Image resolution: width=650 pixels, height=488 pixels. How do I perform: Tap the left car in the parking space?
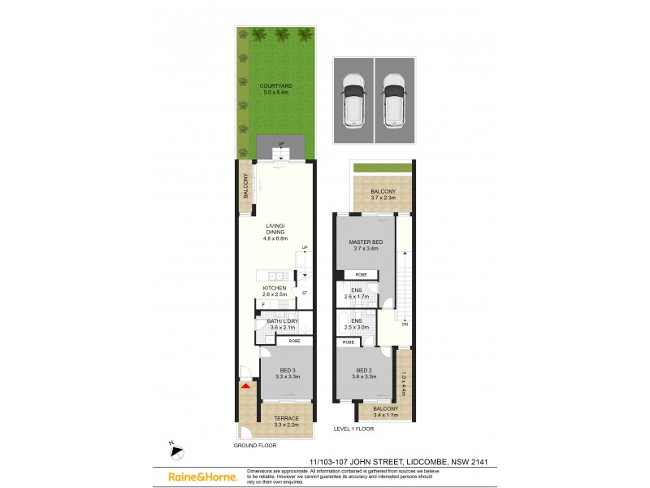353,101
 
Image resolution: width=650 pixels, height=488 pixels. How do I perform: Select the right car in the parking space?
393,101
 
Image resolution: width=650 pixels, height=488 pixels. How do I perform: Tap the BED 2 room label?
365,373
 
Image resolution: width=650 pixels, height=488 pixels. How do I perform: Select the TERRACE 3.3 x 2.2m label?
285,421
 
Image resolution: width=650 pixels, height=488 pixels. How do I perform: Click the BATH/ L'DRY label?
283,324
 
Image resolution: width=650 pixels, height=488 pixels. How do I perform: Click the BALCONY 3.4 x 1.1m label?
386,412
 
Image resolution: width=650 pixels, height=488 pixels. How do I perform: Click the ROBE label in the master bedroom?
361,275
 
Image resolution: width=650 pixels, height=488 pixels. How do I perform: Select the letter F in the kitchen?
263,305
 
